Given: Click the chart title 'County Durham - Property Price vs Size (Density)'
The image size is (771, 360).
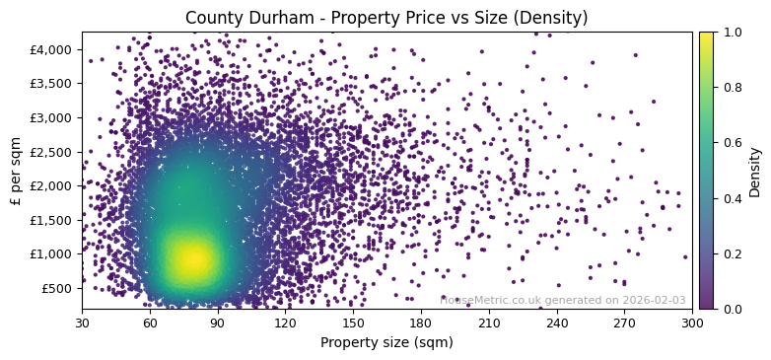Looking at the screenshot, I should pos(386,18).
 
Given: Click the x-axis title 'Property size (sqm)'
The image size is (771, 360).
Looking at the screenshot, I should pos(386,342).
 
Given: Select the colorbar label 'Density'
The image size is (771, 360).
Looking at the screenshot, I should pos(755,171).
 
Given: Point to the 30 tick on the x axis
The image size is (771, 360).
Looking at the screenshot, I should pos(82,322).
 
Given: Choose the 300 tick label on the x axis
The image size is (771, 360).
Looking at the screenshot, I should pos(692,322).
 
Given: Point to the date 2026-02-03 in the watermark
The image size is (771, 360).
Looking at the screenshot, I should pos(653,300).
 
